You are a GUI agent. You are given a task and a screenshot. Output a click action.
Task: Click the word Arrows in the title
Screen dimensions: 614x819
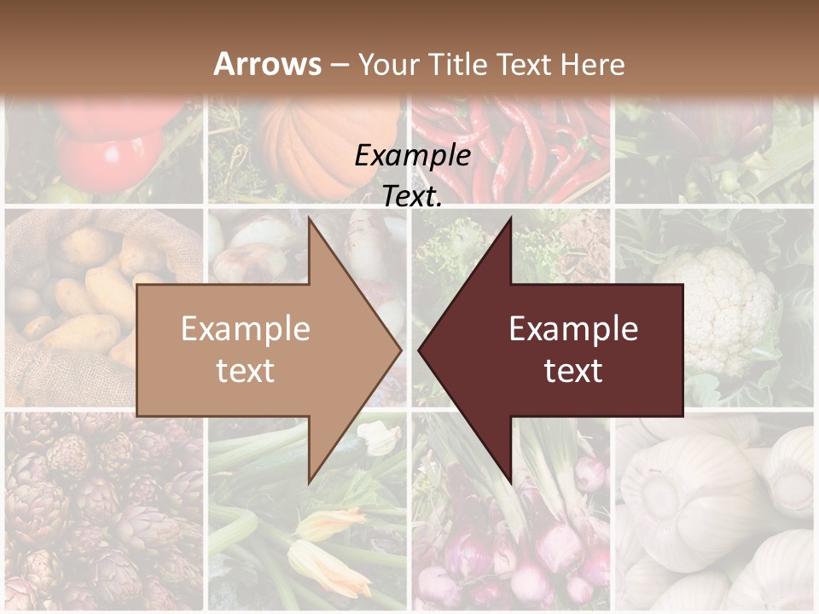coord(267,64)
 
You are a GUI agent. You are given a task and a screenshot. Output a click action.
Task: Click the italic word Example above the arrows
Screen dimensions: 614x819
coord(412,155)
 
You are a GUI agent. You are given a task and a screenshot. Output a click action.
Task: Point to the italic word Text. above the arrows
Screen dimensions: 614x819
coord(412,196)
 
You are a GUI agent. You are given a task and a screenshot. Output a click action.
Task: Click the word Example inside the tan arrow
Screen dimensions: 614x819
coord(245,329)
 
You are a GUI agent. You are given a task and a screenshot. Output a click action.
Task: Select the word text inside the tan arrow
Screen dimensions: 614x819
coord(245,370)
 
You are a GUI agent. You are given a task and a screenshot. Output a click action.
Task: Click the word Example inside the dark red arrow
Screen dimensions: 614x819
coord(573,329)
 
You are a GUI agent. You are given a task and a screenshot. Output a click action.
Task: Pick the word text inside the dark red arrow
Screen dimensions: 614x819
coord(573,370)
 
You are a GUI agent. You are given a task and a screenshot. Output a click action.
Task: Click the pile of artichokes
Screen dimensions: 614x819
coord(94,512)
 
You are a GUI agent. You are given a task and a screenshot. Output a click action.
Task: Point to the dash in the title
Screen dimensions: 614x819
coord(339,66)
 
